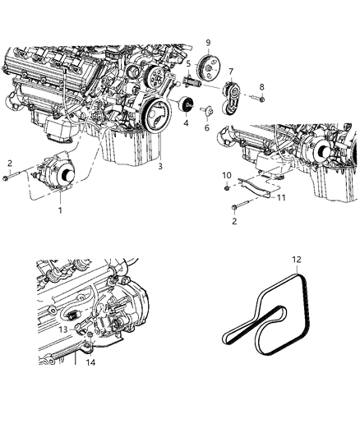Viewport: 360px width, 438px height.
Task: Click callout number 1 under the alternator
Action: coord(58,210)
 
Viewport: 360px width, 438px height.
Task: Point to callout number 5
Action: coord(188,63)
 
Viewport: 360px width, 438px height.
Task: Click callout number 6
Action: coord(206,128)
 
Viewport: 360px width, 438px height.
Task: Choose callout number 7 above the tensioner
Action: coord(231,71)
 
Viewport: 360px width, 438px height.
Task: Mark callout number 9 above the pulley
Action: coord(209,42)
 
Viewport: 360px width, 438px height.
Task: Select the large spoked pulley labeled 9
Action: coord(210,65)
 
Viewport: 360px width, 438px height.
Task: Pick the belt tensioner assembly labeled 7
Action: coord(233,95)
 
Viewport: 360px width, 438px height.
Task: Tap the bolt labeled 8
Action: coord(255,99)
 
